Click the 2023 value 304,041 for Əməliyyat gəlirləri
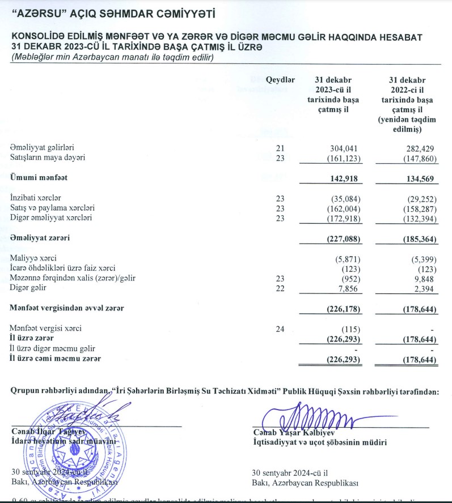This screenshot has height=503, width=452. [344, 148]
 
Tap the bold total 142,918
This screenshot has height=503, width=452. [343, 178]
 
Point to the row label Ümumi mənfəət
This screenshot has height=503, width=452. [39, 178]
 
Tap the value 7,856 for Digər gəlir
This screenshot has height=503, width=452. [346, 288]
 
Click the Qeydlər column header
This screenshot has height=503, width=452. [280, 80]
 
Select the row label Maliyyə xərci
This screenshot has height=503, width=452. [33, 258]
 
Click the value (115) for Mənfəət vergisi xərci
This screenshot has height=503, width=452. [348, 329]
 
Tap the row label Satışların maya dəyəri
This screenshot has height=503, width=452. [48, 157]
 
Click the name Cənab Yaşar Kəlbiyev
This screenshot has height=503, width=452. [298, 433]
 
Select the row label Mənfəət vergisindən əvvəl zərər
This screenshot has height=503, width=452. [67, 308]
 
